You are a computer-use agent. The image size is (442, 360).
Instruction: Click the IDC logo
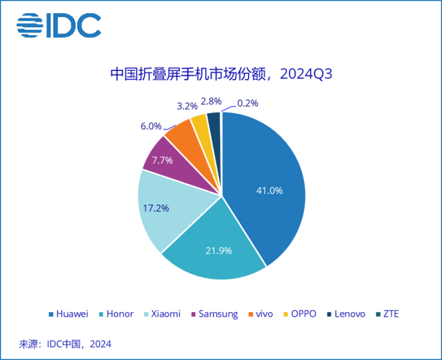pyautogui.click(x=59, y=24)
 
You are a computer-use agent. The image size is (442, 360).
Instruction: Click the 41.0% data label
pyautogui.click(x=269, y=191)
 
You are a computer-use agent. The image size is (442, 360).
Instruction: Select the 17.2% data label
pyautogui.click(x=155, y=208)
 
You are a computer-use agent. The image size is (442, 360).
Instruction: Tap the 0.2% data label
pyautogui.click(x=247, y=104)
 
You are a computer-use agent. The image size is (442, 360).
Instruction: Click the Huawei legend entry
pyautogui.click(x=68, y=314)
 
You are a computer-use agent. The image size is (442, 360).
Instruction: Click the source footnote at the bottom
pyautogui.click(x=66, y=344)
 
